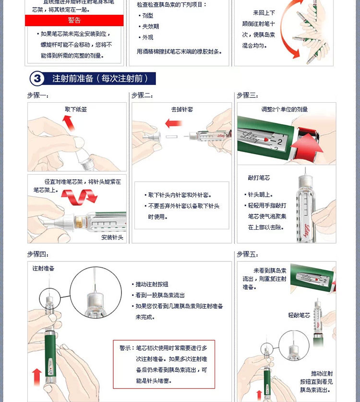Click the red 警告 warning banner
click(74, 20)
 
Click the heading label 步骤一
click(37, 96)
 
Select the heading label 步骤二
click(142, 96)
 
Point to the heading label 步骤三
click(247, 96)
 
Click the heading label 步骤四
click(37, 254)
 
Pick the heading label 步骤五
click(247, 254)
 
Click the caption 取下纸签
click(76, 109)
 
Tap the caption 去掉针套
click(182, 109)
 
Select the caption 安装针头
click(112, 237)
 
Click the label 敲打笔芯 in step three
click(259, 178)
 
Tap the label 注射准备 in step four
click(44, 268)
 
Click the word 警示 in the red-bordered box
click(126, 348)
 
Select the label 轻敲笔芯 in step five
click(299, 315)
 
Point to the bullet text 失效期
click(149, 27)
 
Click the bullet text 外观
click(146, 37)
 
